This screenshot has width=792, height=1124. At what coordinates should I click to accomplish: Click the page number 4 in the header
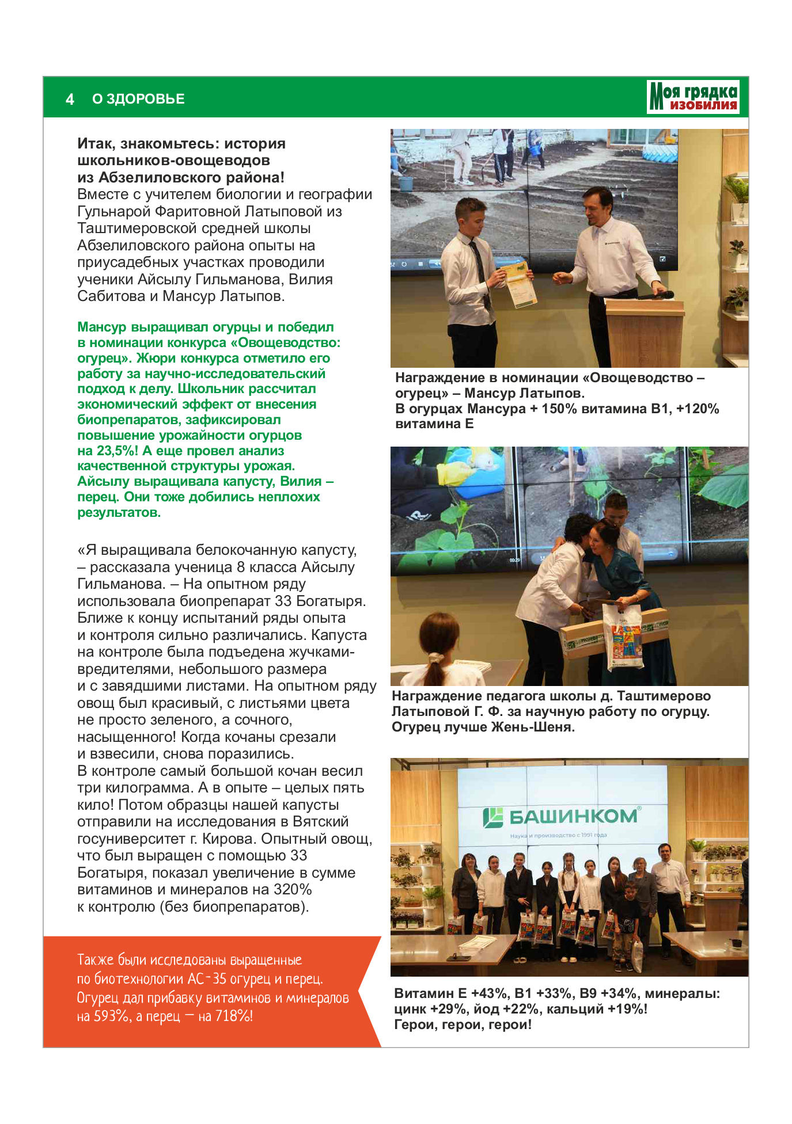point(70,99)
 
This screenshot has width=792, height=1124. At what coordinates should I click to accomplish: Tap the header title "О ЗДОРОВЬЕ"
point(138,99)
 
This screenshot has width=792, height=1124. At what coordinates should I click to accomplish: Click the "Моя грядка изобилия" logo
point(693,97)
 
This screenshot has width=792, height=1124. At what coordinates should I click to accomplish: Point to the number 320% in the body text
point(293,889)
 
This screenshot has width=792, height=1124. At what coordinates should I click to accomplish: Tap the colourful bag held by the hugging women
point(624,637)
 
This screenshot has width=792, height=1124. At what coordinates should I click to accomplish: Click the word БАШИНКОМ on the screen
point(573,816)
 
